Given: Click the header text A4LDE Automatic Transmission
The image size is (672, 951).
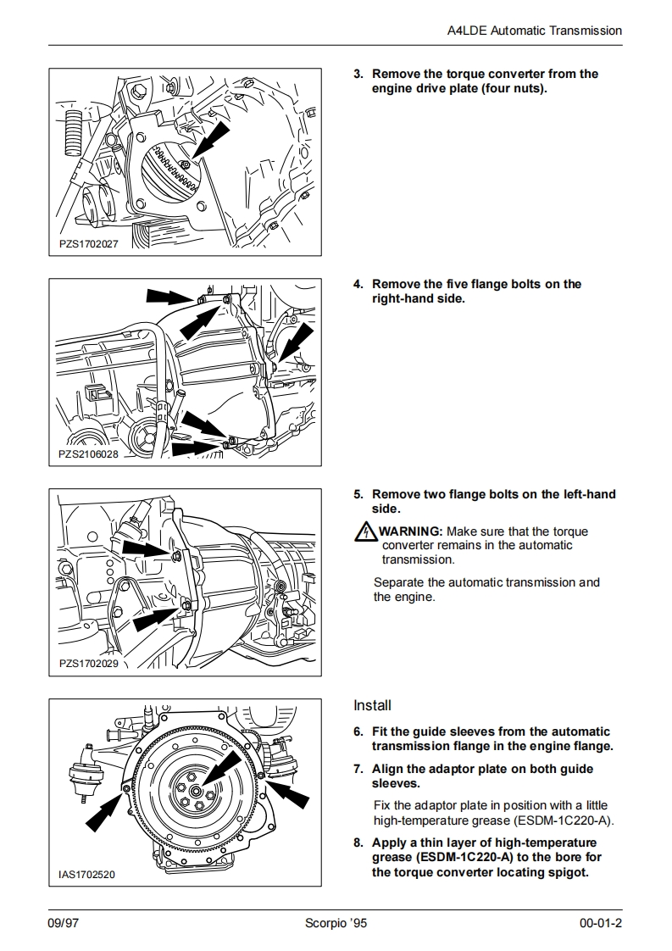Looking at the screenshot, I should (534, 31).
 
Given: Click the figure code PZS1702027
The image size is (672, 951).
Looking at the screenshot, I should (89, 243).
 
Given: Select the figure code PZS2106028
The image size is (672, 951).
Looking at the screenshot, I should (89, 453).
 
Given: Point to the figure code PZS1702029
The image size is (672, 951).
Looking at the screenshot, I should (89, 664).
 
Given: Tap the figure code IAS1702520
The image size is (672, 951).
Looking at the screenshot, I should (87, 874).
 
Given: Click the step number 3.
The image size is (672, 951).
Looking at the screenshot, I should (358, 75).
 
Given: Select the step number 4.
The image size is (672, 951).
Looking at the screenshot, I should (358, 285).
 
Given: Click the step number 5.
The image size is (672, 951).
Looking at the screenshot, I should (358, 495).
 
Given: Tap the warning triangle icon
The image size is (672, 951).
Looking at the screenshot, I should (364, 532).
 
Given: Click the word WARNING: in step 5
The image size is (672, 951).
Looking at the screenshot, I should (410, 532).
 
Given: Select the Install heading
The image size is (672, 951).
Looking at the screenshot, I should (372, 705).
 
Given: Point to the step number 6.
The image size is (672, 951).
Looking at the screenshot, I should (358, 732).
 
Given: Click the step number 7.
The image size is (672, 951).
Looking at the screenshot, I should (358, 770).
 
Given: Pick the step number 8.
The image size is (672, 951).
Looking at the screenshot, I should (358, 843).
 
